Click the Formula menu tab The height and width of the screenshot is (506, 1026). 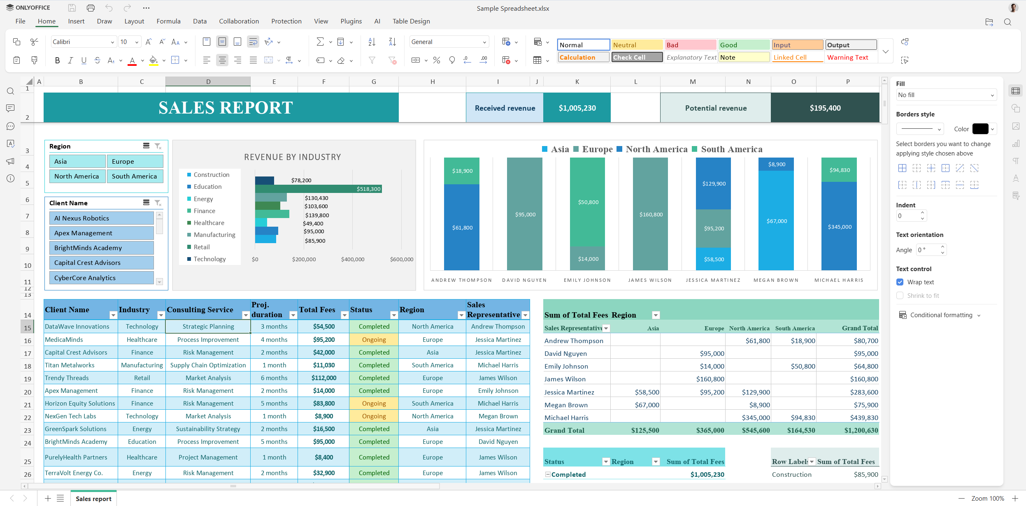tap(168, 21)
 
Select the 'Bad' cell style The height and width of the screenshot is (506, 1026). tap(690, 45)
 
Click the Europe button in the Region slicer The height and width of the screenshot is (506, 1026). tap(135, 162)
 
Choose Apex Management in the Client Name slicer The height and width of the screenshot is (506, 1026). tap(101, 233)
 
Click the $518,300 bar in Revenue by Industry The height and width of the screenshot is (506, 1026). tap(318, 189)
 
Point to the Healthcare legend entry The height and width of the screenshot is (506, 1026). tap(209, 223)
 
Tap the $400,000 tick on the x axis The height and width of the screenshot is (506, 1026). tap(352, 260)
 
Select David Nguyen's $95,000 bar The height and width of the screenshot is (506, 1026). tap(525, 214)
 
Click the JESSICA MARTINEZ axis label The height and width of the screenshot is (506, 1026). tap(713, 280)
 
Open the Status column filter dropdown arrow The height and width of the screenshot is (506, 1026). tap(393, 315)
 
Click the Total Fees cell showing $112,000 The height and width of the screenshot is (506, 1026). tap(323, 378)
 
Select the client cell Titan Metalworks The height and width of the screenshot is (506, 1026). tap(70, 365)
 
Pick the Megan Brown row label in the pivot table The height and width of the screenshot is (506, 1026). tap(566, 405)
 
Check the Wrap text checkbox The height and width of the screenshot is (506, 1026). tap(900, 282)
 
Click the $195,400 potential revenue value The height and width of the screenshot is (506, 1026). tap(825, 108)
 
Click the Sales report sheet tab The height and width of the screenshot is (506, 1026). tap(93, 499)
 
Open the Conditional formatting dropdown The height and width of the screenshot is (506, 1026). tap(941, 315)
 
